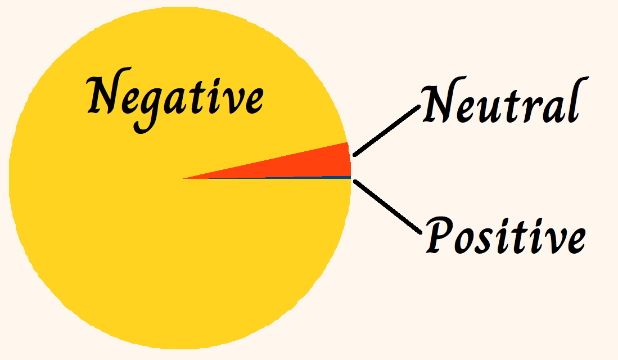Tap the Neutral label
500,104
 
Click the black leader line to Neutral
386,130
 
